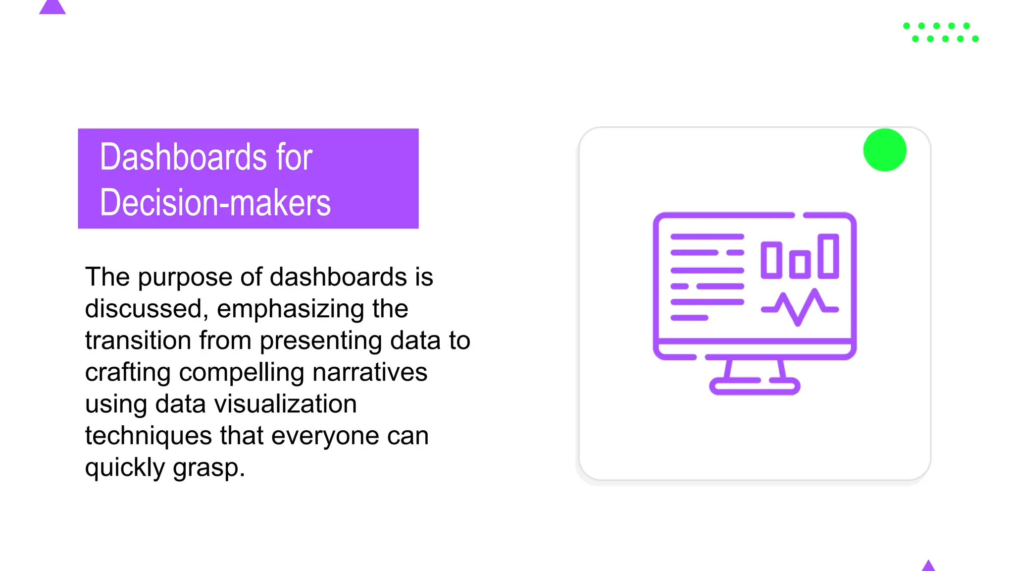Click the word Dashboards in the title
tap(183, 157)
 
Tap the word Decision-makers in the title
tap(215, 203)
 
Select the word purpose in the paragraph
tap(184, 277)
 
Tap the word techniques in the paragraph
tap(149, 436)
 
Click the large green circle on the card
tap(884, 150)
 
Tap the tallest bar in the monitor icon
tap(828, 256)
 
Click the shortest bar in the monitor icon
tap(800, 264)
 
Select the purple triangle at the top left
tap(52, 7)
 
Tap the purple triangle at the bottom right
tap(928, 566)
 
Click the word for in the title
tap(294, 157)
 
